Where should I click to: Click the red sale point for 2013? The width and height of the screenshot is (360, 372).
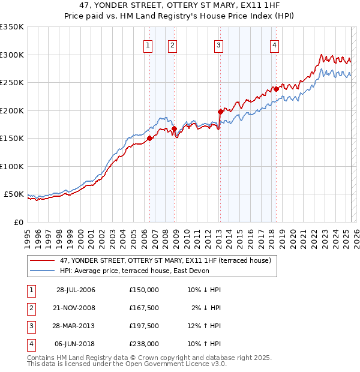point(220,111)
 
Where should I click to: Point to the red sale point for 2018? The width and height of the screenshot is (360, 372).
point(275,89)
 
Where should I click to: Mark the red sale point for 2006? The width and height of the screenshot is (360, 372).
point(149,138)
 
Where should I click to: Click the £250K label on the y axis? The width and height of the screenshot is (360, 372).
point(12,82)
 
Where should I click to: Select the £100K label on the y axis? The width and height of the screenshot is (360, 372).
point(12,166)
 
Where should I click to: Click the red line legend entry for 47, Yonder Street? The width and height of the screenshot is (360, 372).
point(165,261)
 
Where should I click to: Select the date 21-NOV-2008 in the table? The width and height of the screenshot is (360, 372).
point(76,308)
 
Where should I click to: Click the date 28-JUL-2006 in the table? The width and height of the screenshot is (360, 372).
point(76,290)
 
